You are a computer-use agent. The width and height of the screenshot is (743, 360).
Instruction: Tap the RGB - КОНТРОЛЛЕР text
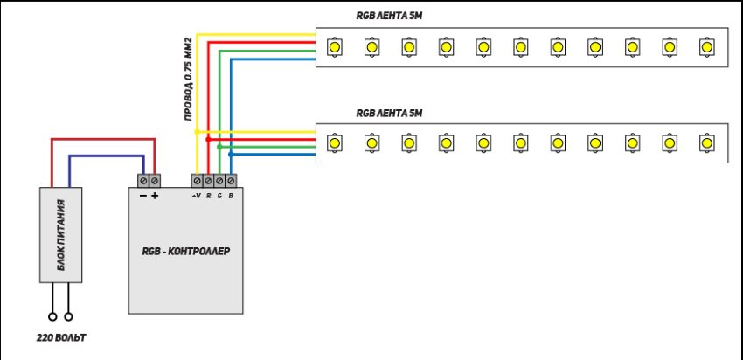click(185, 252)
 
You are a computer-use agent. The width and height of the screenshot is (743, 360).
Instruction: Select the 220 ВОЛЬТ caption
click(62, 336)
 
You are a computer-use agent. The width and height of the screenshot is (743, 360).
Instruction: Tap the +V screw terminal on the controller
click(197, 180)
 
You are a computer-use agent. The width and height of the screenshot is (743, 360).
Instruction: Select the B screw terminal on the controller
click(231, 180)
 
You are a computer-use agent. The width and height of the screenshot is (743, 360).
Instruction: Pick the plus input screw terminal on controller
click(155, 180)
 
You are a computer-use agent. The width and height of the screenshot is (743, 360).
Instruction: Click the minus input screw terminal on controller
click(143, 180)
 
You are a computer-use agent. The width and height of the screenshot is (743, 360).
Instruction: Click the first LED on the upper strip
click(333, 44)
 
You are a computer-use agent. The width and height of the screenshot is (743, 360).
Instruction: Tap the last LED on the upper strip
click(706, 44)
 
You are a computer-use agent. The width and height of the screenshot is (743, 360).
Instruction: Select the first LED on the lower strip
click(333, 141)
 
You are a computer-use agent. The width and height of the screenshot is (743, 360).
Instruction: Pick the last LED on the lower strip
click(706, 141)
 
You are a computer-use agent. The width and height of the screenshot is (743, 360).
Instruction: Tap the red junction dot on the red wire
click(208, 138)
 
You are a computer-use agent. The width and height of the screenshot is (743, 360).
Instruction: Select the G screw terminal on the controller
click(219, 180)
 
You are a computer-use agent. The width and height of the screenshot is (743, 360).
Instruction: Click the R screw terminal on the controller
click(208, 180)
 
